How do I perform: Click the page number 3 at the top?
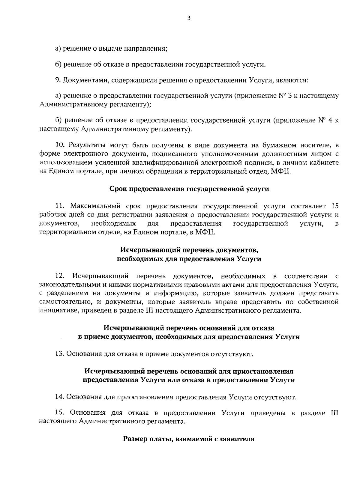click(x=188, y=19)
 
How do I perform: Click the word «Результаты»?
click(x=87, y=145)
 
